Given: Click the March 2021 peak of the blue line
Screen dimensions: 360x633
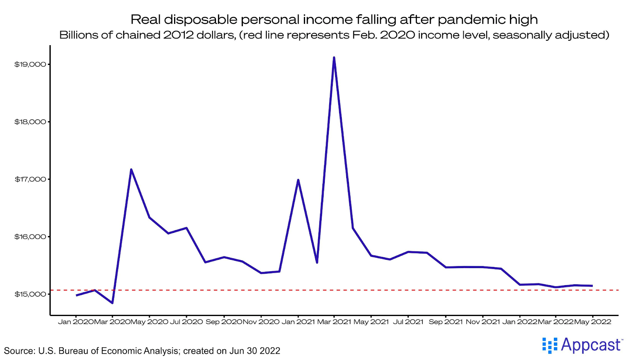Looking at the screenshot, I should click(334, 57).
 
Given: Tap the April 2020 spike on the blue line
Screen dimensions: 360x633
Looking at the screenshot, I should click(131, 170).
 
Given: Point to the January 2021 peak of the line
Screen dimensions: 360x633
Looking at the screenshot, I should click(298, 180).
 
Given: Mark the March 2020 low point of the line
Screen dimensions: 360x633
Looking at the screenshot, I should click(112, 303).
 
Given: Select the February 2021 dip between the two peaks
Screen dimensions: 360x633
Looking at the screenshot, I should click(317, 263).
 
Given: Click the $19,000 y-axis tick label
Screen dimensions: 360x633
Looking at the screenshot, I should click(30, 65).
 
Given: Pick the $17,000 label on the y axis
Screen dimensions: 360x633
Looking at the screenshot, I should click(30, 179).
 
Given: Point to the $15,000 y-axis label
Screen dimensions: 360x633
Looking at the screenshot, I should click(30, 294).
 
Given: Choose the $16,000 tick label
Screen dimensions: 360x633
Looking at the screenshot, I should click(30, 237).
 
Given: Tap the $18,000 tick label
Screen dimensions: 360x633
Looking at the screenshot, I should click(30, 122).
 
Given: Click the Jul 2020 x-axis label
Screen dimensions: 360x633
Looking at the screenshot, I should click(186, 322).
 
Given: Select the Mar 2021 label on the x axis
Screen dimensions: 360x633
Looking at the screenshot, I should click(334, 322).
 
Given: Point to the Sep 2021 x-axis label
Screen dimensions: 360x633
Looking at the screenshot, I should click(445, 322).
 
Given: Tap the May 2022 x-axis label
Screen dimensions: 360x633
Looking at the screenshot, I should click(593, 322).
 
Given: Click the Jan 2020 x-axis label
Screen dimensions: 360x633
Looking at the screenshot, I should click(76, 322).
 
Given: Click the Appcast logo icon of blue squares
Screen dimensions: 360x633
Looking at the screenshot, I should click(550, 345).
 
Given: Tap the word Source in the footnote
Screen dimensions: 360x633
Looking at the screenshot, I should click(18, 351).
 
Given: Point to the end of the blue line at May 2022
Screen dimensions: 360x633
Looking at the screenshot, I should click(592, 286).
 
